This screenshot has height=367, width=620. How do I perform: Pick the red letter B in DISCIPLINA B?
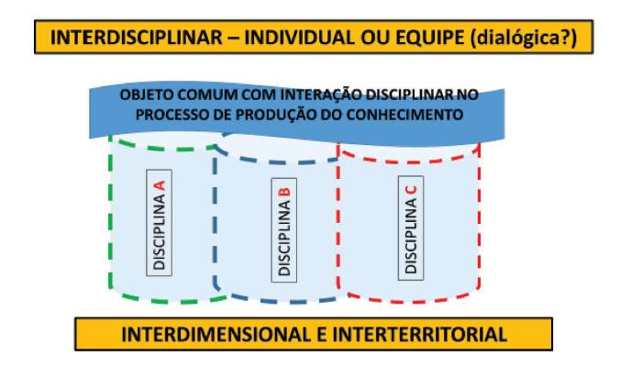[x=284, y=193]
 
